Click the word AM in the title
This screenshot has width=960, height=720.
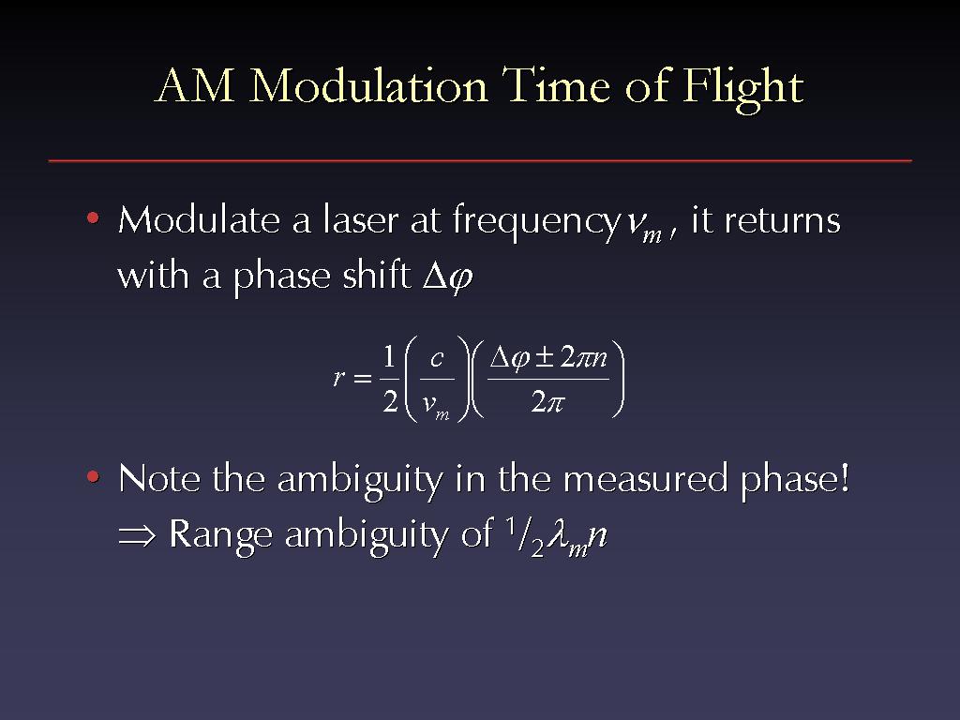[x=195, y=85]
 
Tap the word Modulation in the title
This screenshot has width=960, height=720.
[x=367, y=85]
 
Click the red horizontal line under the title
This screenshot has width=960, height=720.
[x=480, y=161]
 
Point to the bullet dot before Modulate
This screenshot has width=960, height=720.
[x=93, y=217]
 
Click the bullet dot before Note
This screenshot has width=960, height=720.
[x=93, y=476]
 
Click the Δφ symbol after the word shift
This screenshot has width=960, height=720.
[x=448, y=277]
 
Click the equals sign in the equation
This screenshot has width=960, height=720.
[x=363, y=379]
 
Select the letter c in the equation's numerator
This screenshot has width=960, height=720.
[x=437, y=357]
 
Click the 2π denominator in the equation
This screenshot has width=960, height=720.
[x=547, y=402]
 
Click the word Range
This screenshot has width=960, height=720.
[x=220, y=534]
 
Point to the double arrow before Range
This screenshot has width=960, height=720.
[x=137, y=535]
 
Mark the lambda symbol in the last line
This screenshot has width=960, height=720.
[x=557, y=533]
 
